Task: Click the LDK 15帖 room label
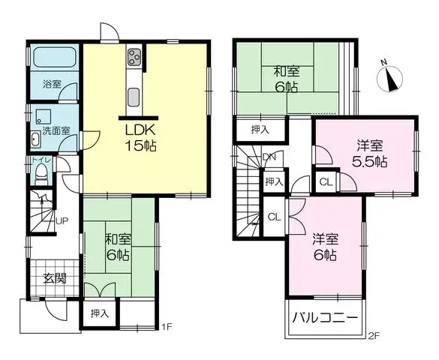click(140, 138)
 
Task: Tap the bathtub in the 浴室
click(55, 57)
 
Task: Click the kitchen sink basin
click(134, 97)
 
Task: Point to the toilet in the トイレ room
click(41, 175)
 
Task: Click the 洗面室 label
click(56, 130)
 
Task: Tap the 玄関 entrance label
click(55, 278)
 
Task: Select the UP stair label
click(62, 221)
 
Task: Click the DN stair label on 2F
click(269, 157)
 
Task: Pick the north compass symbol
click(389, 77)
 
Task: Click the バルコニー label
click(326, 318)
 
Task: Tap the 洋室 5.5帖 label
click(369, 153)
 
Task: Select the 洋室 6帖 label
click(326, 247)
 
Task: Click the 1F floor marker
click(167, 326)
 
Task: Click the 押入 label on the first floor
click(100, 313)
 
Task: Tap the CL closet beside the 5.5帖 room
click(326, 182)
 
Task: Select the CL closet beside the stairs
click(274, 217)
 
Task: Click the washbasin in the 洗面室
click(35, 139)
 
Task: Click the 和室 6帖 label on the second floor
click(287, 79)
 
